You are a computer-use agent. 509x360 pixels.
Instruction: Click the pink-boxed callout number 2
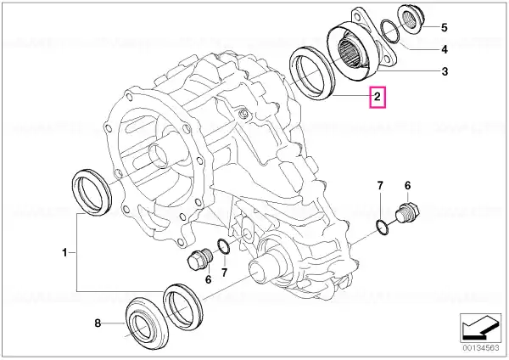click(377, 97)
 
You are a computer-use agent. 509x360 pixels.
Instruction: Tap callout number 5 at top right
click(444, 28)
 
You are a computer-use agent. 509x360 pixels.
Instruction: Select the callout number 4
click(445, 49)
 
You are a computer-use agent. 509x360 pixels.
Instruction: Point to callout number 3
click(445, 71)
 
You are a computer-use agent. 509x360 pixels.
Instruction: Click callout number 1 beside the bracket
click(64, 252)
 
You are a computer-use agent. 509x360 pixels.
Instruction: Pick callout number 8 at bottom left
click(98, 323)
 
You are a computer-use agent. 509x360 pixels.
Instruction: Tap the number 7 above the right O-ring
click(380, 186)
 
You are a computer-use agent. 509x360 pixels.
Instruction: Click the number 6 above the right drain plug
click(407, 186)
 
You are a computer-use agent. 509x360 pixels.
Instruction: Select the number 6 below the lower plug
click(208, 279)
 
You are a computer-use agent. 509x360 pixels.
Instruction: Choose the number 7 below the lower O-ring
click(224, 273)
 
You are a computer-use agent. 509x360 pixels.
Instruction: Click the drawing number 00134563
click(481, 347)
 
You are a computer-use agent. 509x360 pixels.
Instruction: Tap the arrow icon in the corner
click(481, 328)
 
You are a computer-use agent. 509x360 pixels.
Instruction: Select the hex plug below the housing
click(200, 259)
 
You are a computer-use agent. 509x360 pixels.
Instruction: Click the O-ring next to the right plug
click(382, 228)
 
